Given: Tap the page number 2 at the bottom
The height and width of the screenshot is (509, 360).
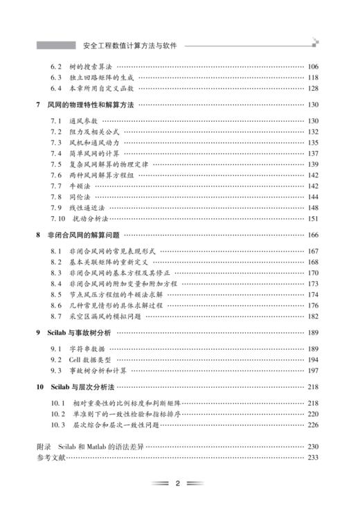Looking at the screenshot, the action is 178,483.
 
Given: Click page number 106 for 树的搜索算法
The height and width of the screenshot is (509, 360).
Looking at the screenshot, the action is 312,66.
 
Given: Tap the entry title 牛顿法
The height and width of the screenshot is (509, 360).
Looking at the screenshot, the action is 78,186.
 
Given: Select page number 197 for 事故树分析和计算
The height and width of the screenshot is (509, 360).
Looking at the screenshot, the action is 312,371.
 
